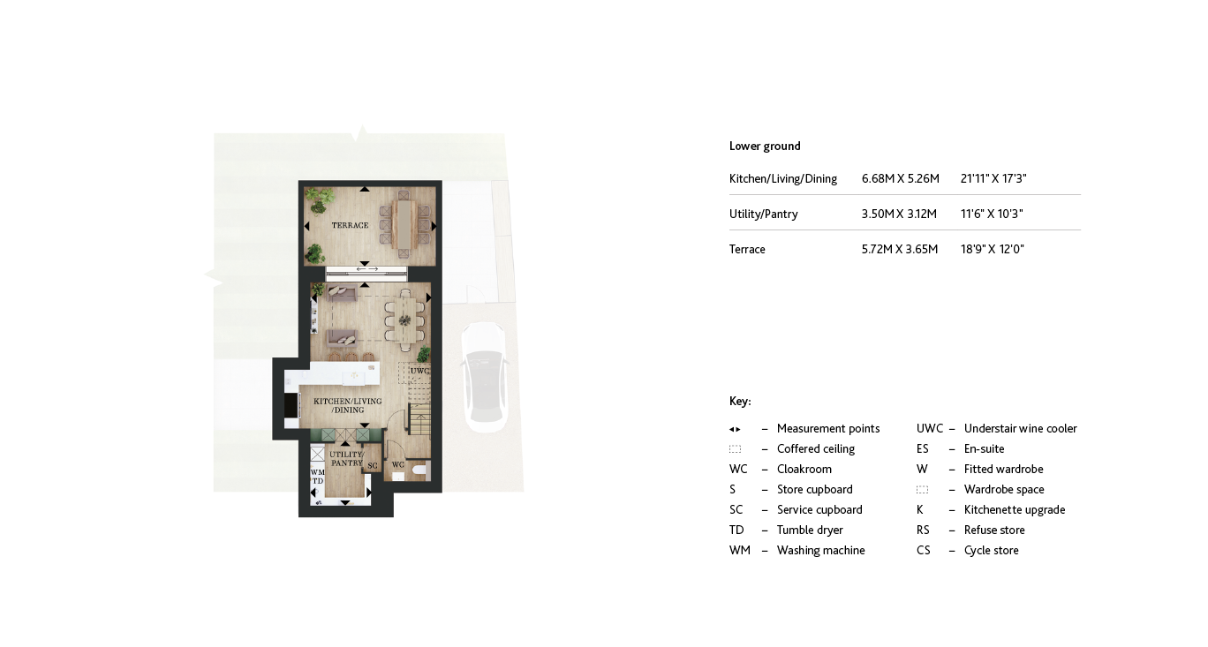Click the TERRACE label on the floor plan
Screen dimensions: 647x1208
(350, 226)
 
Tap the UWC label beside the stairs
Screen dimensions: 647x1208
(419, 372)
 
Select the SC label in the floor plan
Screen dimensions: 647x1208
(372, 465)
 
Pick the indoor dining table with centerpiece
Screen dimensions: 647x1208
(405, 315)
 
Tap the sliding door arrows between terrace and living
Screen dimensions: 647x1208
(366, 267)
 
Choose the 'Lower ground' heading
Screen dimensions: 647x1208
(765, 147)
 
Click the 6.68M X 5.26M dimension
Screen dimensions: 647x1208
(900, 179)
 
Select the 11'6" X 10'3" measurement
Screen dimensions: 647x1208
(992, 214)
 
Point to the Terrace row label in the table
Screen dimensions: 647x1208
(747, 250)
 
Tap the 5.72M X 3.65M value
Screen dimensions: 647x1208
(899, 250)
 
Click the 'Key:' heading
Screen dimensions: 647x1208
(740, 402)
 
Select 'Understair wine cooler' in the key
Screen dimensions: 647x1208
(1020, 429)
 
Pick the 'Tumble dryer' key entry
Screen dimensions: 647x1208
(809, 530)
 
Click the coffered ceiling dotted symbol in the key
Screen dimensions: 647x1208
(735, 449)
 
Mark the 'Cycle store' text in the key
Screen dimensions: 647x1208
(991, 551)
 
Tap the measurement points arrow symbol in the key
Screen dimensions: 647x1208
(735, 429)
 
